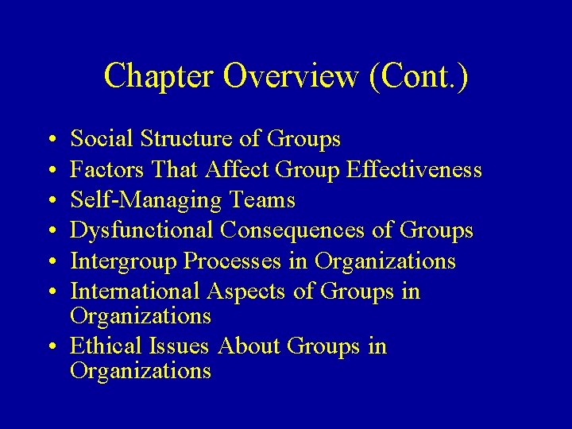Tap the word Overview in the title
290,76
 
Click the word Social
102,139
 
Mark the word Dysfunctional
142,230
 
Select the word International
135,292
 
